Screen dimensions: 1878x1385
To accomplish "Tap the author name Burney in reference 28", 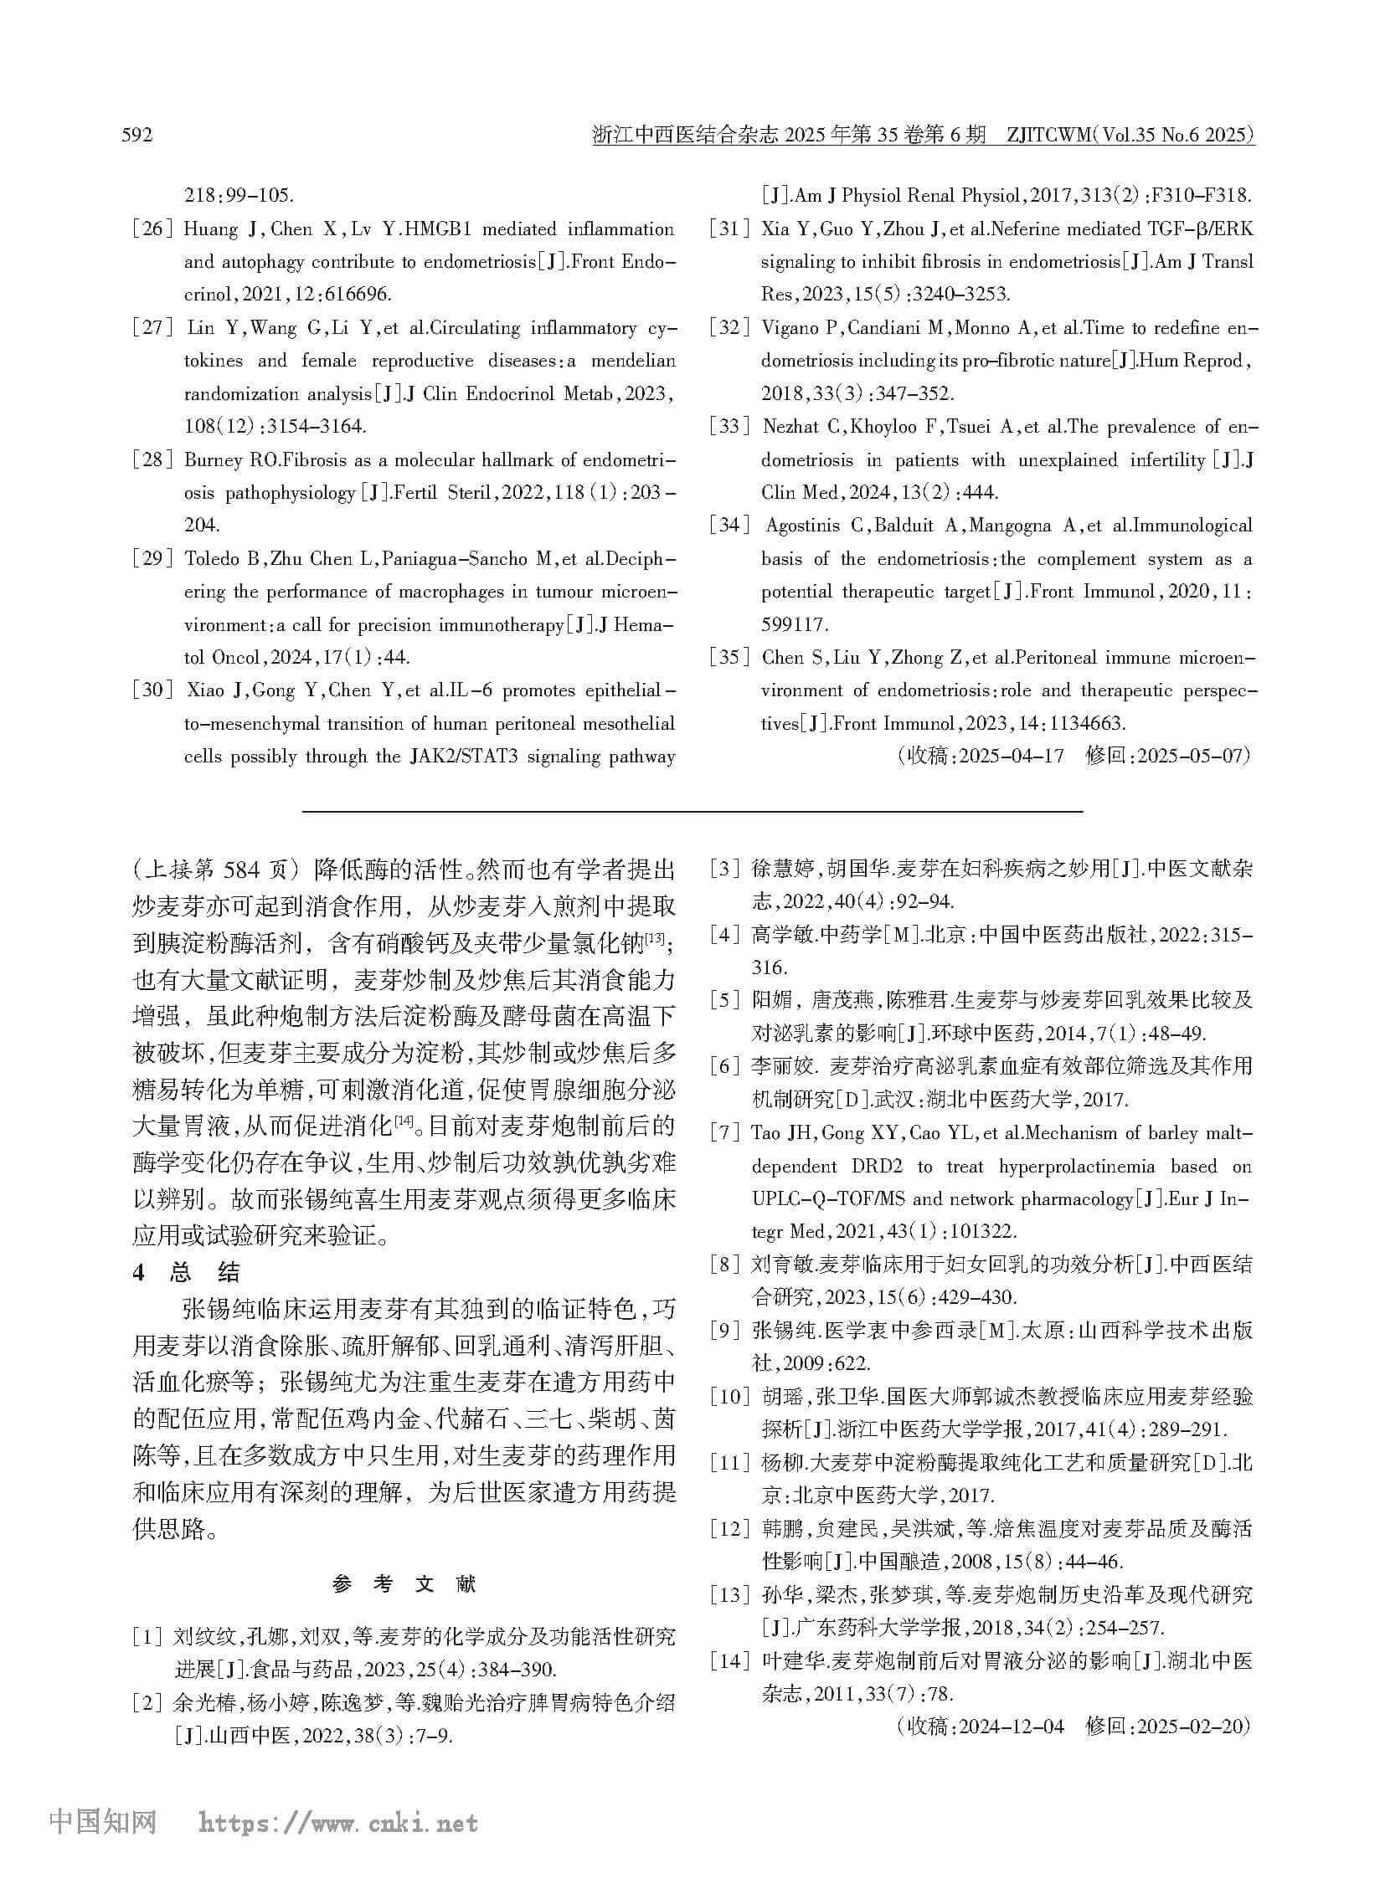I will pos(213,460).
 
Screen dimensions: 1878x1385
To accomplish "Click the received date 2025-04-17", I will pos(1012,756).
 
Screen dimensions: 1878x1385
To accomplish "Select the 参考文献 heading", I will pos(404,1584).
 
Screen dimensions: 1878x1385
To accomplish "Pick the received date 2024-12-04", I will pos(1012,1726).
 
